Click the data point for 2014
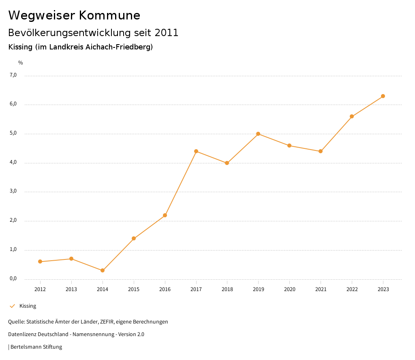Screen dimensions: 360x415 click(x=103, y=270)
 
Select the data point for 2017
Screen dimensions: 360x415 click(x=196, y=151)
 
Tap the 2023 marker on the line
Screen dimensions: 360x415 click(x=383, y=96)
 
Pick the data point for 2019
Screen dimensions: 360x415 click(x=258, y=134)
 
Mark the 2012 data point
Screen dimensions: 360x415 click(x=40, y=261)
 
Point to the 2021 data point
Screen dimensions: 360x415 click(x=321, y=151)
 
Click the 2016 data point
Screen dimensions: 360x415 click(x=165, y=215)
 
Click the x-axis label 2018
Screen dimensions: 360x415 click(x=227, y=289)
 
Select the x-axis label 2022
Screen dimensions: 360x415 click(x=352, y=289)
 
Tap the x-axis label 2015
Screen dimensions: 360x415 click(x=134, y=289)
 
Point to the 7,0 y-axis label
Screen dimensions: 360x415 click(x=13, y=75)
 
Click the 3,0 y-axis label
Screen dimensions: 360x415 click(x=13, y=191)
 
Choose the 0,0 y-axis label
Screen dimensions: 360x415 click(x=13, y=279)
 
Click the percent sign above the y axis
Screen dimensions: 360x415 click(x=21, y=63)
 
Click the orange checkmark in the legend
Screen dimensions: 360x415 click(x=12, y=306)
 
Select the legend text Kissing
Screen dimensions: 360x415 click(x=28, y=306)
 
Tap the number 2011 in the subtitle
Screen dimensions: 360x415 click(x=167, y=33)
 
